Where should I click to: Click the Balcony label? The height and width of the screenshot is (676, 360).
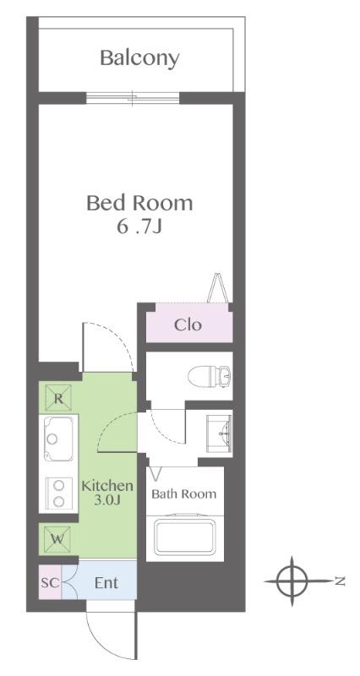click(139, 58)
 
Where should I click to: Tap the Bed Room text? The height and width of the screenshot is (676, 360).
click(139, 203)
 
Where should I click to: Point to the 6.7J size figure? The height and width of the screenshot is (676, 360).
click(139, 226)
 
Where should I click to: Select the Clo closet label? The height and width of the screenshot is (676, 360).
click(188, 324)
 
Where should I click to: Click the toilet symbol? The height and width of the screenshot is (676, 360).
click(210, 376)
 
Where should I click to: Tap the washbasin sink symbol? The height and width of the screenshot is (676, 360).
click(219, 433)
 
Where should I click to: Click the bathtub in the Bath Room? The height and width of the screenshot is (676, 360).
click(185, 536)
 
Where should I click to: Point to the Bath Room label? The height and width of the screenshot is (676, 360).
click(183, 493)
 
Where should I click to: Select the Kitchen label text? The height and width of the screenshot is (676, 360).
click(107, 486)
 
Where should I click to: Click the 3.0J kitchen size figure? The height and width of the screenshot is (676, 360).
click(108, 500)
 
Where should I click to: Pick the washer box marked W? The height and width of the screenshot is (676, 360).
click(57, 538)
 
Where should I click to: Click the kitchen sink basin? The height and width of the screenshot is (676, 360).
click(57, 439)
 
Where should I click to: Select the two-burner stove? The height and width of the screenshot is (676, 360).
click(58, 493)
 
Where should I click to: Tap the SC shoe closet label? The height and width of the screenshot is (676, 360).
click(50, 583)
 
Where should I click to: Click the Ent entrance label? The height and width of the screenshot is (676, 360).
click(106, 583)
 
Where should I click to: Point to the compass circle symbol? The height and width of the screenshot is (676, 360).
click(292, 581)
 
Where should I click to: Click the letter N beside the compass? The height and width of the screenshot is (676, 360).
click(341, 581)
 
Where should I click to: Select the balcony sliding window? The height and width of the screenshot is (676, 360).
click(133, 98)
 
